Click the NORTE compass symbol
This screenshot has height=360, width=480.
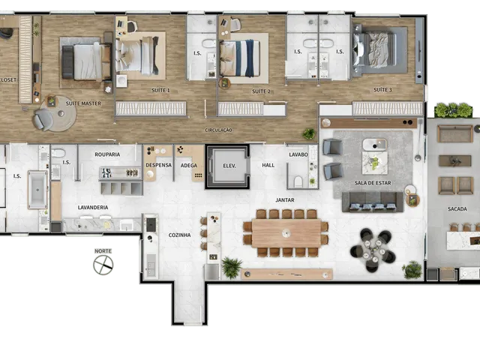coord(103,265)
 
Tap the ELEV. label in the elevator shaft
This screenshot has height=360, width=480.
coord(229,166)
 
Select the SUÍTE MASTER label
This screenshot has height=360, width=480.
coord(83,103)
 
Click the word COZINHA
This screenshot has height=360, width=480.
coord(180,235)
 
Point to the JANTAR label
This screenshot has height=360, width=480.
coord(285,200)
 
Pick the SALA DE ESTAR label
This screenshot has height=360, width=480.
coord(373,183)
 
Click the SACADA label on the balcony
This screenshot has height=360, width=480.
coord(457,208)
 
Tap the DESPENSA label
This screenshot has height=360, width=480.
coord(158,165)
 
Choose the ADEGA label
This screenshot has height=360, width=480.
coord(188,165)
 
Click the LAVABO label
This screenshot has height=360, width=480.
coord(298,154)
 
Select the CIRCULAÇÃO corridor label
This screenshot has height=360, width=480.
coord(218,130)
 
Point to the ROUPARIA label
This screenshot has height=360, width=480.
coord(107,154)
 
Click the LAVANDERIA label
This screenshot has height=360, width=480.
coord(93,207)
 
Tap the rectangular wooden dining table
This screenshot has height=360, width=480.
coord(286,233)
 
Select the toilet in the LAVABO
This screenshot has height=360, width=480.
coord(298,181)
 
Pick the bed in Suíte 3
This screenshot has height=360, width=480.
coord(375,49)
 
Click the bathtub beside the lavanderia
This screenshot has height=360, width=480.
coord(37,190)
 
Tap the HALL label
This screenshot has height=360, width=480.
coord(268,165)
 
